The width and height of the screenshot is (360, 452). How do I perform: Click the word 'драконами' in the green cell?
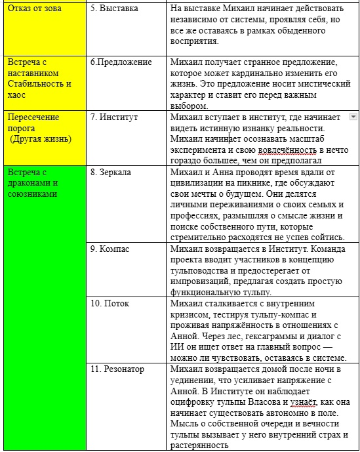coord(30,183)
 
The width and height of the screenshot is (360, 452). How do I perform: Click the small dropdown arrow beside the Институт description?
coord(353,116)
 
